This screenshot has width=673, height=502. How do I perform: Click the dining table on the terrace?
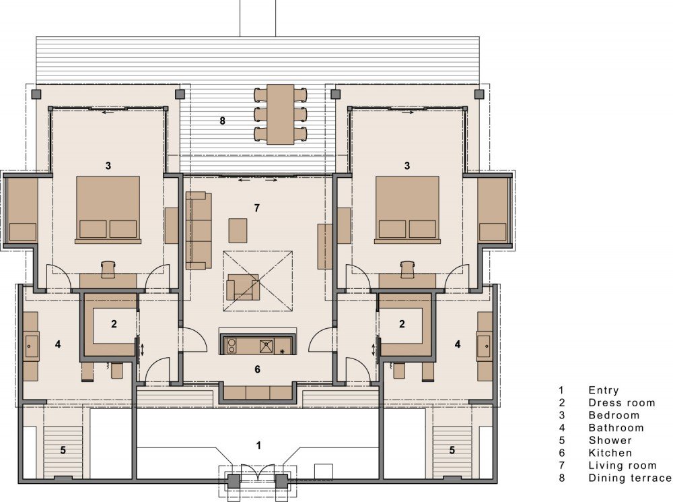[281, 115]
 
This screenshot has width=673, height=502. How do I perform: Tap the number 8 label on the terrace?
[222, 121]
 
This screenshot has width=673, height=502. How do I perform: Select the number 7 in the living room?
[256, 208]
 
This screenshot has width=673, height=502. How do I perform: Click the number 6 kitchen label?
[257, 369]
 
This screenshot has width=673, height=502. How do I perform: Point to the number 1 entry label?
[258, 445]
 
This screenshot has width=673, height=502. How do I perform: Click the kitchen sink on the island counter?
[266, 346]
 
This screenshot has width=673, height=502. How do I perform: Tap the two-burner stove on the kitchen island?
[232, 346]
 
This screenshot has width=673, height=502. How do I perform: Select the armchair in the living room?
[243, 287]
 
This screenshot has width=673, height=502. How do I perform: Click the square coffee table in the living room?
[238, 231]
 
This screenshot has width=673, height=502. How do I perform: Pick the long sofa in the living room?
[199, 230]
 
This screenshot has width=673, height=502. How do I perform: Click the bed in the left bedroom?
[108, 210]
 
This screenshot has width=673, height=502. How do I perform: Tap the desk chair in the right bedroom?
[407, 269]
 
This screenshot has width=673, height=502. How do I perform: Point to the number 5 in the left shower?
[63, 450]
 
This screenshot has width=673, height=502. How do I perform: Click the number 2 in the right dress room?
[402, 323]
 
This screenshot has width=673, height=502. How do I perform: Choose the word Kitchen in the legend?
[610, 453]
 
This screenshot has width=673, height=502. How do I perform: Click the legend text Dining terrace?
[630, 478]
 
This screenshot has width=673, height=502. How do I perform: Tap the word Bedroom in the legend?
[614, 415]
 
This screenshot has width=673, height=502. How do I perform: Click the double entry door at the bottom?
[258, 471]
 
